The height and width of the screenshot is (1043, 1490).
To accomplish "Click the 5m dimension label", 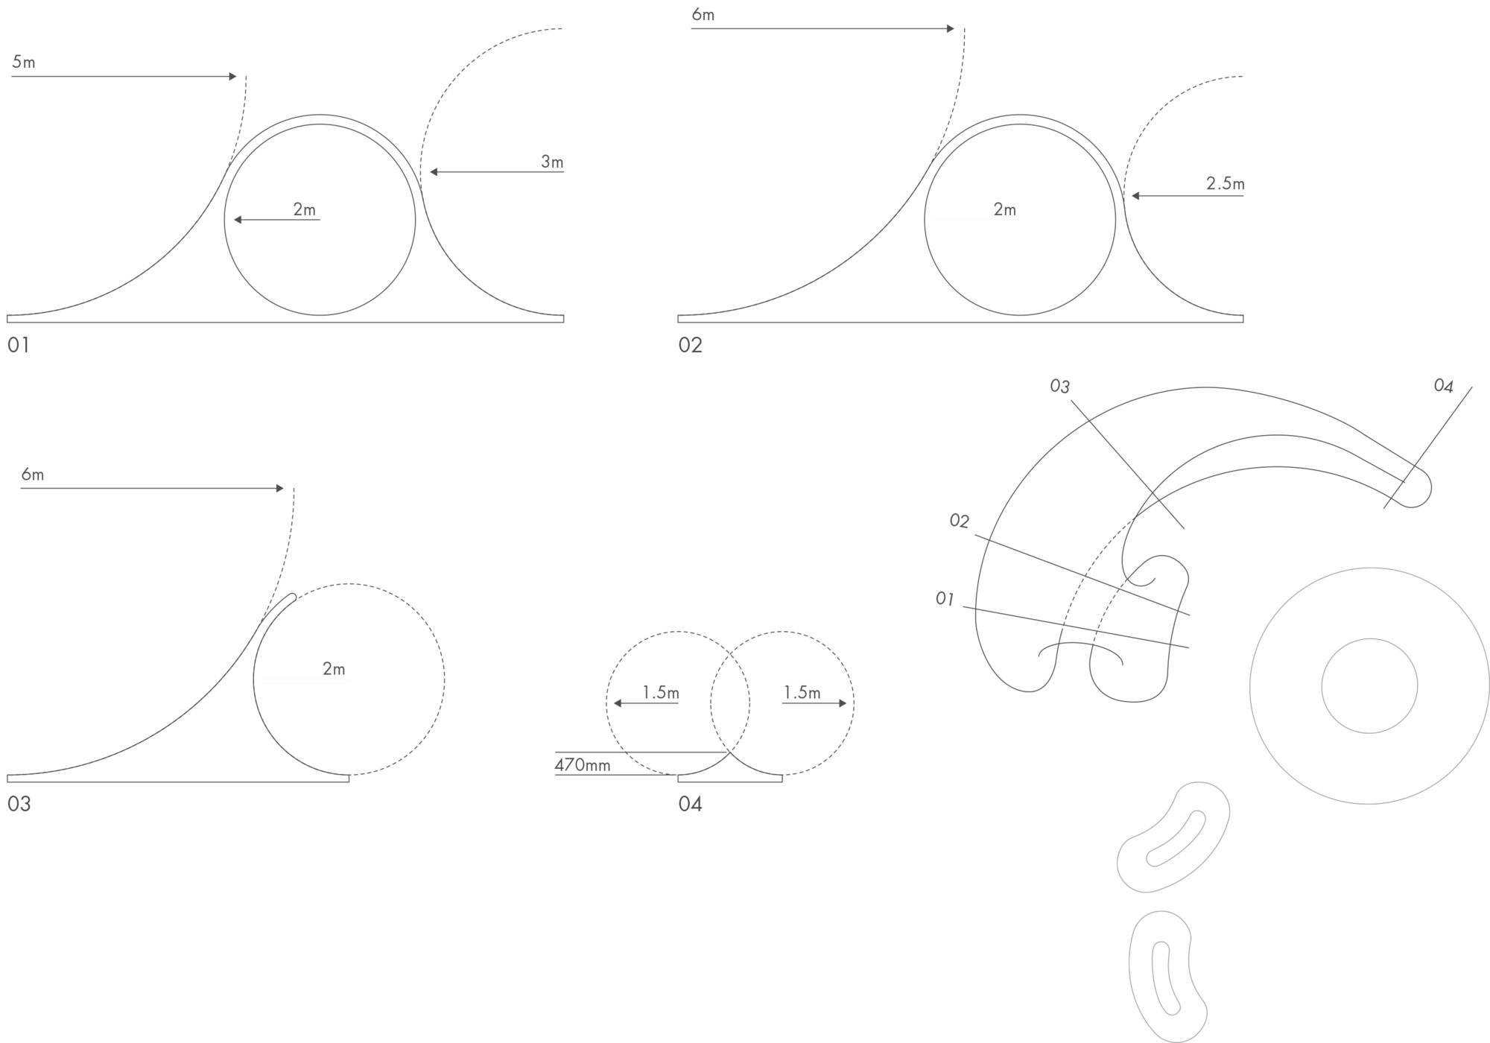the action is click(x=24, y=62).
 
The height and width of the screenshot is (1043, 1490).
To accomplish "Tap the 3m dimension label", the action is click(x=552, y=162).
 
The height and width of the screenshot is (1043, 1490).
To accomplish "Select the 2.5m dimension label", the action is click(x=1226, y=183).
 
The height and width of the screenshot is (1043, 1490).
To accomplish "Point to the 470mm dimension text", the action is click(x=583, y=764).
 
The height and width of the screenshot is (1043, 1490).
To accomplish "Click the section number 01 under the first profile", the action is click(x=19, y=345).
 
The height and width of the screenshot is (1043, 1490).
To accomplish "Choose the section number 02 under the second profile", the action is click(x=690, y=345).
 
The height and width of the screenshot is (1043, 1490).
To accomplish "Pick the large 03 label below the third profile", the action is click(x=19, y=804).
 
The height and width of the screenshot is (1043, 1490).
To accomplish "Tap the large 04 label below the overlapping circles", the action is click(x=690, y=804).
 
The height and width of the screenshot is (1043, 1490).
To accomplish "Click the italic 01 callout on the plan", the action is click(x=945, y=598).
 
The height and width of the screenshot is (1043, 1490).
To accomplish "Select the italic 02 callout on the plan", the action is click(x=960, y=521).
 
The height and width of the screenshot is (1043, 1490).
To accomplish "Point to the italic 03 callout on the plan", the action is click(x=1060, y=386).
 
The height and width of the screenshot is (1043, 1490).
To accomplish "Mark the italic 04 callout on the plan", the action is click(x=1444, y=385).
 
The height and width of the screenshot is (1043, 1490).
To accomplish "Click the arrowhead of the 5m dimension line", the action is click(x=233, y=76).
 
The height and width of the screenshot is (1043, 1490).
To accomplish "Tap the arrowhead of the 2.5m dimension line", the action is click(x=1136, y=196).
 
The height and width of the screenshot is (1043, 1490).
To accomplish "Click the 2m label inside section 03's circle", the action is click(x=334, y=669).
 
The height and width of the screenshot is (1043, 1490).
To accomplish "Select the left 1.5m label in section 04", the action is click(x=661, y=693).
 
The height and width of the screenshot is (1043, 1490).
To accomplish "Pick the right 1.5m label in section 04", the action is click(x=802, y=693).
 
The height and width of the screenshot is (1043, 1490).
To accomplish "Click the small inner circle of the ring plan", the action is click(x=1369, y=638).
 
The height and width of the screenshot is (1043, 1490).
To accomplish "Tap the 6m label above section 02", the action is click(x=703, y=14).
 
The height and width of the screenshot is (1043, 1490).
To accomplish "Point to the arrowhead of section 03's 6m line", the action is click(x=280, y=489).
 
